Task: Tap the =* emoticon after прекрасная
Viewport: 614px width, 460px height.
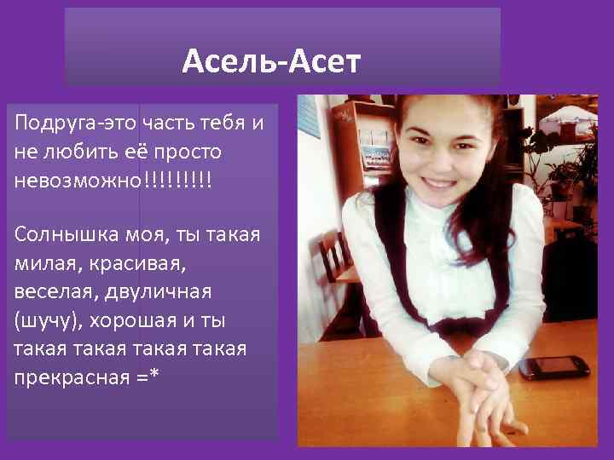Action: (x=148, y=376)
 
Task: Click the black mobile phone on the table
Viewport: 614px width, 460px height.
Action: (x=553, y=366)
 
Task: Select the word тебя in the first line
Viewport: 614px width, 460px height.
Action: (x=221, y=123)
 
